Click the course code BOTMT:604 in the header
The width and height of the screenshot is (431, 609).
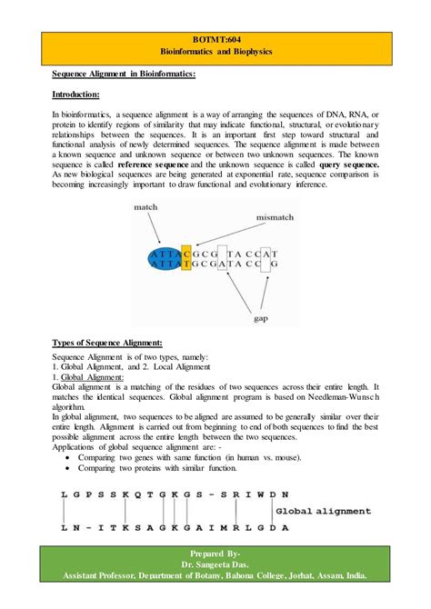tap(215, 42)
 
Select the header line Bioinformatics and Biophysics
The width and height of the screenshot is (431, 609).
tap(215, 54)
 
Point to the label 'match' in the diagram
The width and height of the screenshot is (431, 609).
tap(146, 208)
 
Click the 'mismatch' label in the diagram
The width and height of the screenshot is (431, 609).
tap(276, 219)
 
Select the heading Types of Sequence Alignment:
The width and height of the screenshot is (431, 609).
tap(107, 342)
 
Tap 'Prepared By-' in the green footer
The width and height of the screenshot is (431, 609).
tap(215, 552)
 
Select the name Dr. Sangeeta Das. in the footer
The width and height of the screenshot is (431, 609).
tap(215, 564)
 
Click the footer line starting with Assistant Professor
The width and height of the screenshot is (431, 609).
tap(215, 575)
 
